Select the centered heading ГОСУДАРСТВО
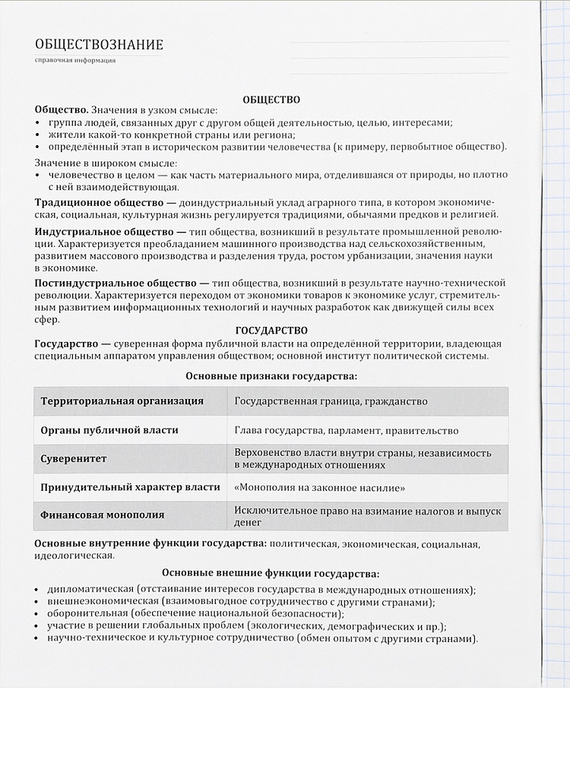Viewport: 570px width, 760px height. point(271,331)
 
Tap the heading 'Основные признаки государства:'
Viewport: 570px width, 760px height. point(271,375)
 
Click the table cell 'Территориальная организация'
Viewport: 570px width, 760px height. point(122,401)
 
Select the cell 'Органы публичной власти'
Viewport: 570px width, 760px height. point(109,430)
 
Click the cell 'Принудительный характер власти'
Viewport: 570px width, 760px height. point(130,487)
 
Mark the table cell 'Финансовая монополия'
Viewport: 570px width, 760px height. point(102,515)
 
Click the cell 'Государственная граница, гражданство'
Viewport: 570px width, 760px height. point(331,401)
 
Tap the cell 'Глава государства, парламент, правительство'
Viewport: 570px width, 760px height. point(346,431)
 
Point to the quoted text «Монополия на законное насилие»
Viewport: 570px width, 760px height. point(319,487)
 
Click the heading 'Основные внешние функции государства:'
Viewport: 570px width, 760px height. point(271,574)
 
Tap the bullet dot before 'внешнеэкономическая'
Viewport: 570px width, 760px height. point(38,603)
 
